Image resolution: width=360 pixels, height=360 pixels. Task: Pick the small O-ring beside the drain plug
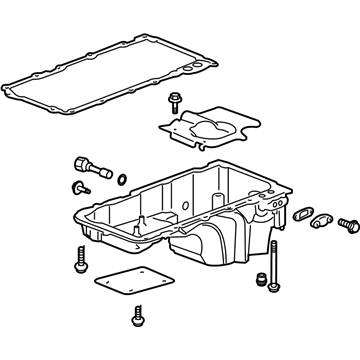[121, 180]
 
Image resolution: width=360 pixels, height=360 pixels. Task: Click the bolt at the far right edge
[349, 227]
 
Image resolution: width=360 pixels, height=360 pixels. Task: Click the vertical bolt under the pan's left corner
[79, 261]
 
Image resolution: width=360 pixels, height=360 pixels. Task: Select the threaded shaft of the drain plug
[101, 170]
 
